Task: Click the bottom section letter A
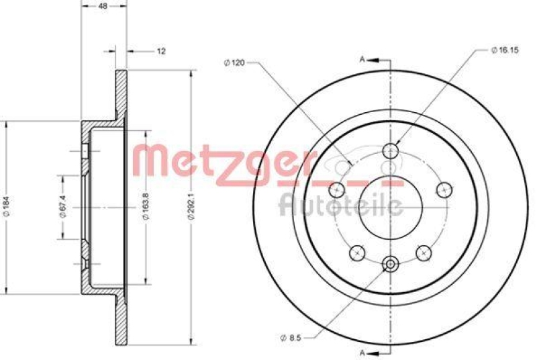coord(362,352)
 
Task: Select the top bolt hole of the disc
coord(390,151)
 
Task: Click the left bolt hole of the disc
coord(338,189)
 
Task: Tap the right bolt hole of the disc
coord(443,189)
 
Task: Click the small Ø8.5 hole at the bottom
coord(390,265)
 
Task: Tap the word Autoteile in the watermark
coord(340,204)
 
